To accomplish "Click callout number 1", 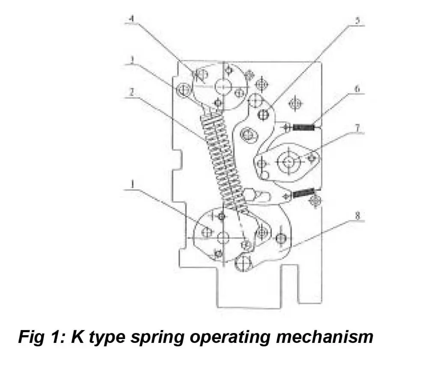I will tap(133, 184).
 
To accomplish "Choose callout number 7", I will tap(357, 128).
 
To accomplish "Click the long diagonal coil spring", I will tap(222, 158).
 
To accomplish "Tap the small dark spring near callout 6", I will tap(305, 127).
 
